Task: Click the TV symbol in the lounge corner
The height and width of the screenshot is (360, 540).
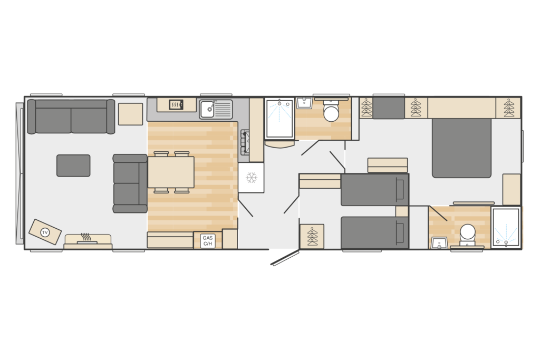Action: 45,232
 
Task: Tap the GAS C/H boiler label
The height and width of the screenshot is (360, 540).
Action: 208,240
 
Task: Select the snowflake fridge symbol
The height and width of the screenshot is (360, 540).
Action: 252,178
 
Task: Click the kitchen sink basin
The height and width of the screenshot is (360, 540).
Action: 208,109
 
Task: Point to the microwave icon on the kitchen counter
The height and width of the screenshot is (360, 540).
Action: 176,104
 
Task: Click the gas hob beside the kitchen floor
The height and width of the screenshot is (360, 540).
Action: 245,142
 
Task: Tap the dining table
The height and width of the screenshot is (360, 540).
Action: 171,172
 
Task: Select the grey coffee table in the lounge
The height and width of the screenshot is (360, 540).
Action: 73,166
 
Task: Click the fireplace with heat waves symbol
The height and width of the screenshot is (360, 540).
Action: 88,241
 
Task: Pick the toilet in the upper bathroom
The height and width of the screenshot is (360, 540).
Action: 331,111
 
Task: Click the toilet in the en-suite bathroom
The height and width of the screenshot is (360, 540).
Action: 468,235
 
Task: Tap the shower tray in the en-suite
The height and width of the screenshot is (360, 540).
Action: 506,227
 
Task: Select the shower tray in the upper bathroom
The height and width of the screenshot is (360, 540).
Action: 279,119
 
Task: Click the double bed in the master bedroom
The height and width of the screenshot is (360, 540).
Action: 461,148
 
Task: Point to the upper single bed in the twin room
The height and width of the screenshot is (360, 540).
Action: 375,190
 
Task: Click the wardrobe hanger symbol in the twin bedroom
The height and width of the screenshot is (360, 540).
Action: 312,236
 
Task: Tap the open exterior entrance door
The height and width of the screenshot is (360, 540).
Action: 285,258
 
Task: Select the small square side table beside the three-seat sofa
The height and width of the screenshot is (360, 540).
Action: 131,114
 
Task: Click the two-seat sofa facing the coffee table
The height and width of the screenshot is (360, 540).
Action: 130,183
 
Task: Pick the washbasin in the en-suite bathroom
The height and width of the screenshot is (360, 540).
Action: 439,242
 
